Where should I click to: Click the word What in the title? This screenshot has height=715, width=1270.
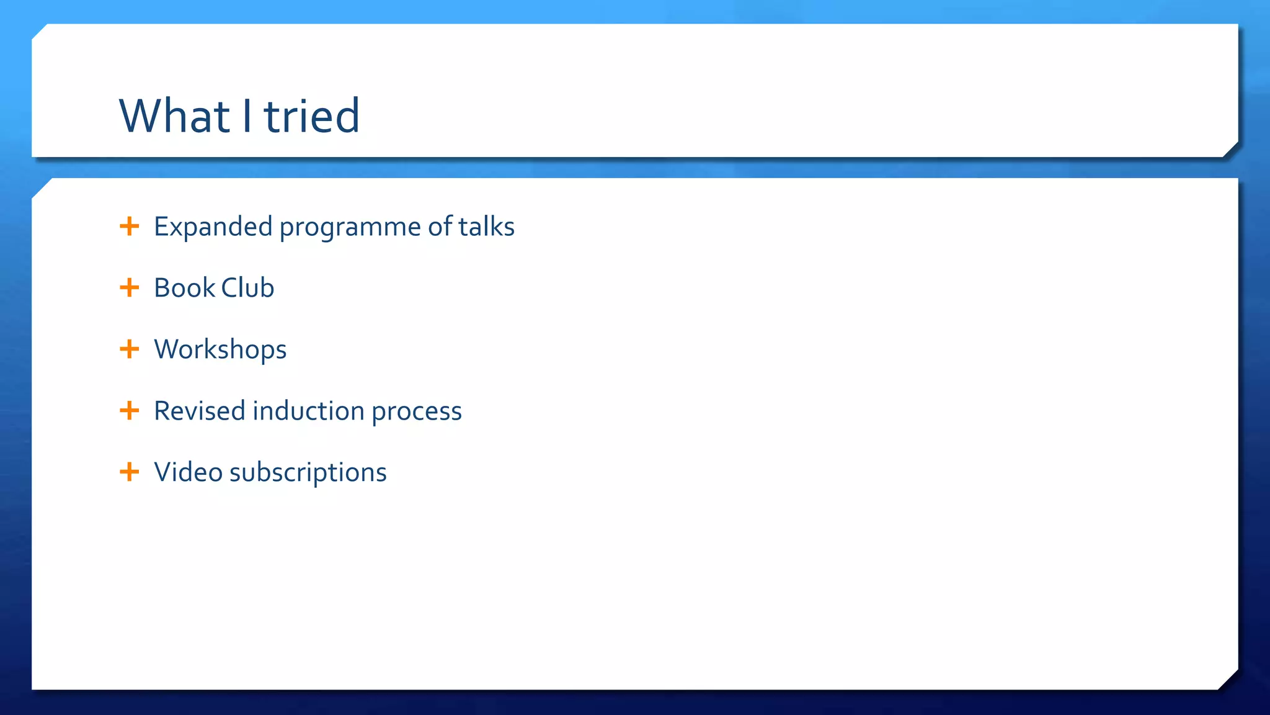[174, 116]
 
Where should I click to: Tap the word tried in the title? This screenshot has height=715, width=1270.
[312, 116]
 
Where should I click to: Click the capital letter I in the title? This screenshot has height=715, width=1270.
[247, 116]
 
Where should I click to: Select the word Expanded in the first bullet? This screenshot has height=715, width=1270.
[213, 227]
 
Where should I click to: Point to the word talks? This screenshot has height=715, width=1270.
[486, 227]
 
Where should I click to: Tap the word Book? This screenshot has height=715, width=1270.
[184, 288]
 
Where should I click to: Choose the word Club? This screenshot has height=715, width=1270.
[247, 288]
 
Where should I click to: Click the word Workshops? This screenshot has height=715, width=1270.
[220, 349]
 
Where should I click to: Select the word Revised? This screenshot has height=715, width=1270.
[200, 411]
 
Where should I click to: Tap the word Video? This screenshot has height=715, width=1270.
[188, 472]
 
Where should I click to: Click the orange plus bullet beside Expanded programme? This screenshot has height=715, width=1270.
[129, 226]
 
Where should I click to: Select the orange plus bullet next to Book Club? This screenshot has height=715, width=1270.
[129, 287]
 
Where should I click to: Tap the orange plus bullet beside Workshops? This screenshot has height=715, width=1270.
[129, 349]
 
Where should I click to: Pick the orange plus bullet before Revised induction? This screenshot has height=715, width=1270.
[129, 410]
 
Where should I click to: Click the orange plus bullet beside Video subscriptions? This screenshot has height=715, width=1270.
[129, 472]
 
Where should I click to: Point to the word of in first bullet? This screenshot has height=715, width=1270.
[440, 227]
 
